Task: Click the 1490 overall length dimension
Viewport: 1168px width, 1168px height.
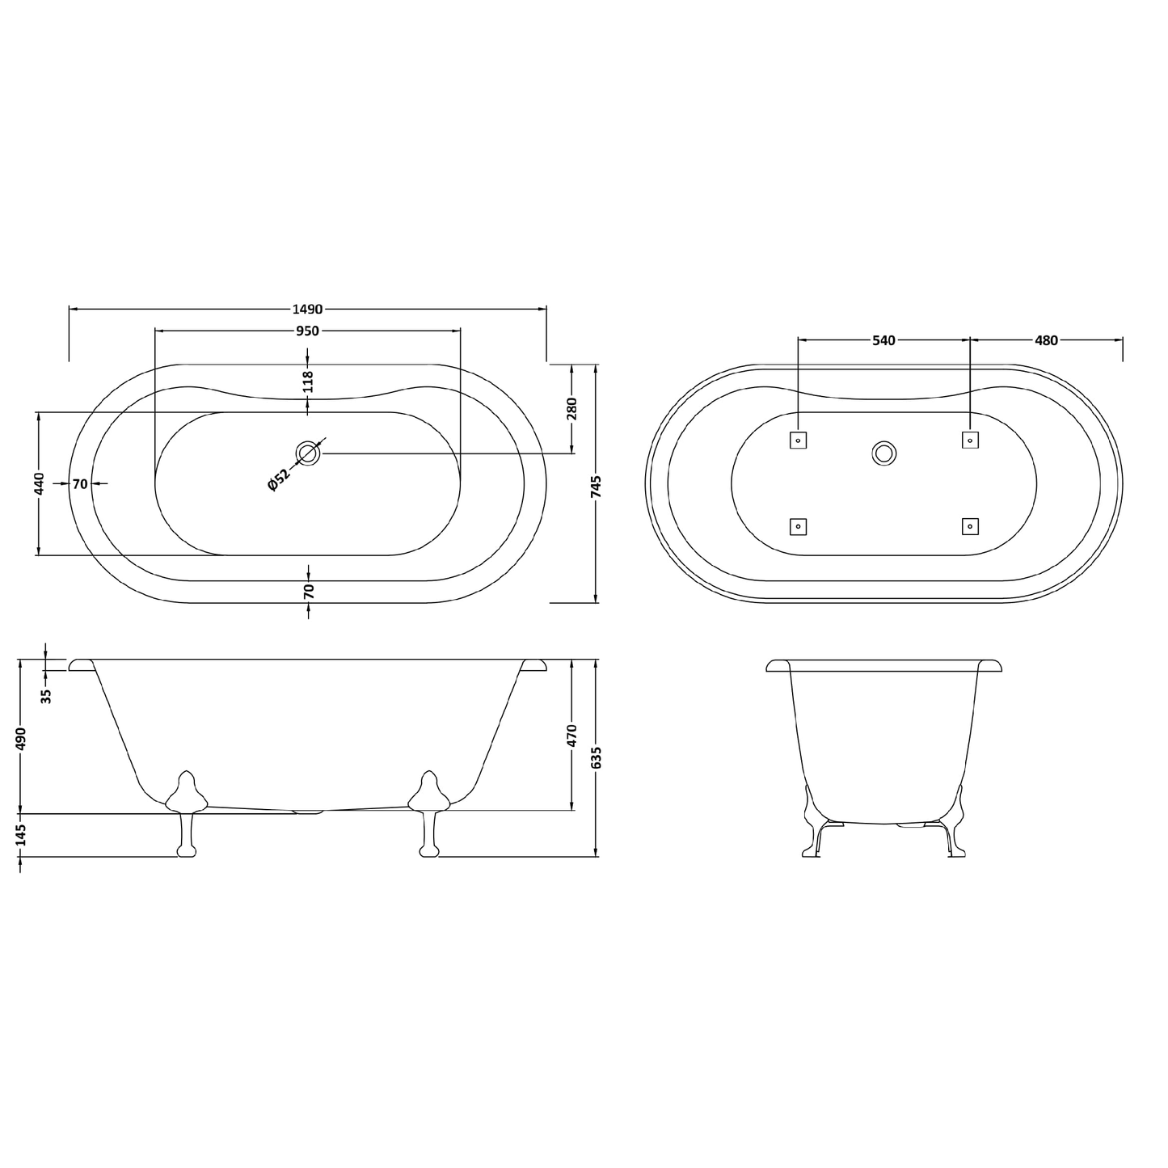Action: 307,309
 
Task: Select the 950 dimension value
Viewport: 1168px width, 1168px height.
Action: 307,331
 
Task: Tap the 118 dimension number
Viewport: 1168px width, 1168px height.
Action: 308,382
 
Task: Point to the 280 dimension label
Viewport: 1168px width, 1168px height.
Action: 571,409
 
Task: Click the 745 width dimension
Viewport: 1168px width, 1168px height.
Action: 597,487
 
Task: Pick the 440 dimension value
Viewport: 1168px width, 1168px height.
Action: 39,483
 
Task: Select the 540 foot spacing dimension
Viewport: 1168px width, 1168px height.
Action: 883,340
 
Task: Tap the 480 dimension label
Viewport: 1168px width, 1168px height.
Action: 1046,340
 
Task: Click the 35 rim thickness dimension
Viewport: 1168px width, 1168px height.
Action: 46,696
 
